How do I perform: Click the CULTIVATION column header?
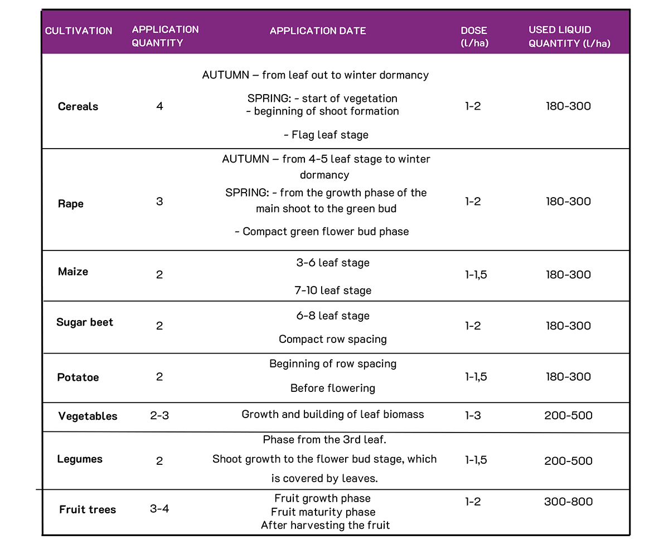click(79, 31)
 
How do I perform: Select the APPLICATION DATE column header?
click(318, 31)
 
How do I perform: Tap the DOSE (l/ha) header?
click(474, 37)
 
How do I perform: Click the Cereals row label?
click(78, 106)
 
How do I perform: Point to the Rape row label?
click(71, 204)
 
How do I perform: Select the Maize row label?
click(73, 272)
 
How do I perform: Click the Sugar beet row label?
click(85, 322)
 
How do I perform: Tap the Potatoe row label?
click(78, 377)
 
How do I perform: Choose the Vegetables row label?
click(88, 416)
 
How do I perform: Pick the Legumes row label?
click(80, 459)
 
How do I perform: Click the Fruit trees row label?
click(88, 509)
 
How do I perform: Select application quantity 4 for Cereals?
click(160, 106)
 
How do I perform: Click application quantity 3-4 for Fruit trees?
click(159, 509)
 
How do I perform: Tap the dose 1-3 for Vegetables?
click(473, 415)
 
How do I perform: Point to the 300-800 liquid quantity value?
click(568, 502)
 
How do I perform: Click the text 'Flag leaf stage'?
click(326, 135)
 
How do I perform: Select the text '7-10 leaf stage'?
click(333, 291)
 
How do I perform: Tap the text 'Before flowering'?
click(333, 388)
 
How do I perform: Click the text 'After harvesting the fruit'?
click(325, 525)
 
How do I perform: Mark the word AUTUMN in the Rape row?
click(245, 159)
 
